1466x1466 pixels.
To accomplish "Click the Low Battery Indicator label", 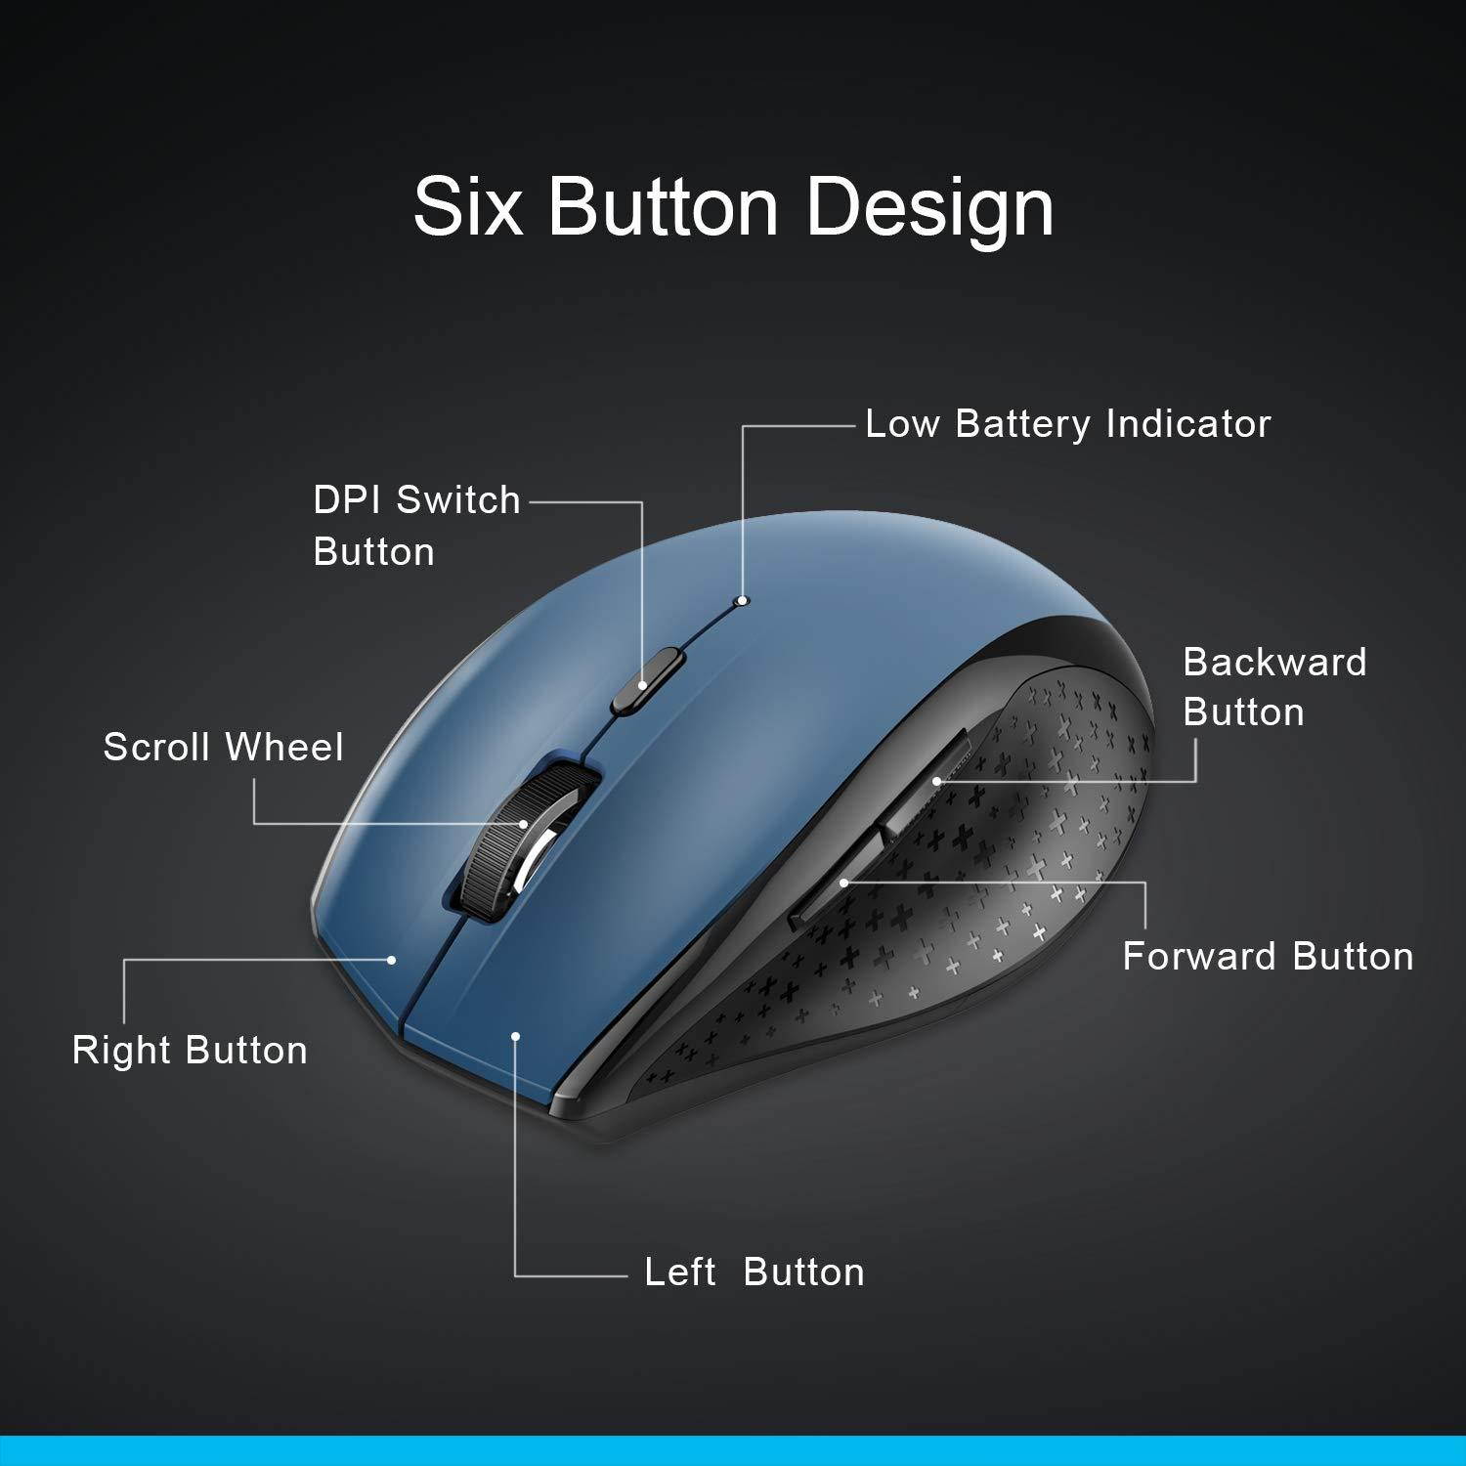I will (x=1067, y=424).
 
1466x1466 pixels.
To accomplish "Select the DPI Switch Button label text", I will (x=416, y=526).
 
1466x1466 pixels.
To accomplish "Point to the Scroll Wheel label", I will (x=223, y=748).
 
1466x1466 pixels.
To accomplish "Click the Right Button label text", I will (x=190, y=1051).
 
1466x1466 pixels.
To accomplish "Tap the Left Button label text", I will (x=754, y=1272).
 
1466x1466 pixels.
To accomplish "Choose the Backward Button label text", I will (x=1274, y=687).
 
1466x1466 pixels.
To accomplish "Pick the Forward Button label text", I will (x=1268, y=957).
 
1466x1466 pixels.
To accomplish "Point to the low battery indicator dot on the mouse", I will (x=744, y=600).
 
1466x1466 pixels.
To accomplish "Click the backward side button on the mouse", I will (x=928, y=777).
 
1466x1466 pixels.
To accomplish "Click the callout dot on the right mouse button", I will (x=392, y=960).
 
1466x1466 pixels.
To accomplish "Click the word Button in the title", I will (x=664, y=207).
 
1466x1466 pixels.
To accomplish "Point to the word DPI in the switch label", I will (x=345, y=500).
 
